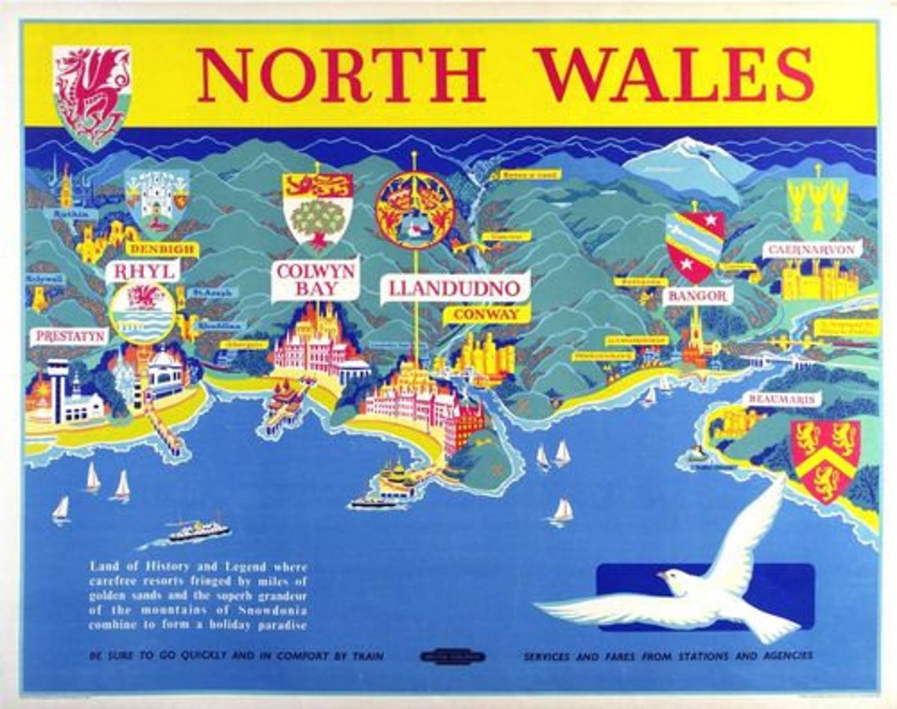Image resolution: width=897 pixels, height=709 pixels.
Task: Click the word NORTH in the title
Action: [x=340, y=75]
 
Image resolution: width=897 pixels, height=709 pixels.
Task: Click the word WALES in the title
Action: [x=674, y=75]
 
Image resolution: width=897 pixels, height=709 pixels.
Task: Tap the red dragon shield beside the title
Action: [x=92, y=96]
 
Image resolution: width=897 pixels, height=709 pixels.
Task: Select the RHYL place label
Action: [x=142, y=271]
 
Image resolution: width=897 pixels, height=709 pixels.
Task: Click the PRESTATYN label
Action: [x=69, y=336]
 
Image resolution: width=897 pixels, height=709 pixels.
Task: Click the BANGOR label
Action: [x=697, y=297]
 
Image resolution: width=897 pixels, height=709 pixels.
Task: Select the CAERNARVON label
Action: [x=812, y=249]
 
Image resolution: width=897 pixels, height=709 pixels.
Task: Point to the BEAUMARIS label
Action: [x=782, y=400]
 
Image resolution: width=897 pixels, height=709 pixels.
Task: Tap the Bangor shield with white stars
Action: [x=695, y=246]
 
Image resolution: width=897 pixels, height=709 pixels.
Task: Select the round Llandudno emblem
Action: [x=415, y=210]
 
